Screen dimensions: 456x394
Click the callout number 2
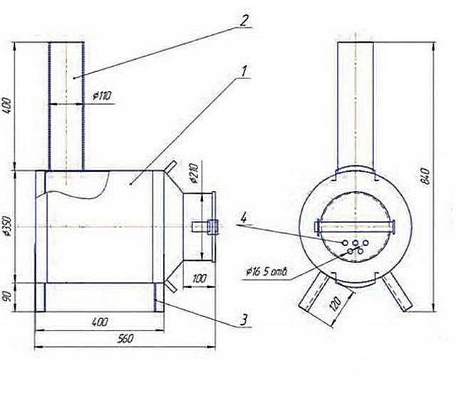(244, 21)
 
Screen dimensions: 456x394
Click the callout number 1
(244, 71)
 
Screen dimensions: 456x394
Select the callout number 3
(244, 320)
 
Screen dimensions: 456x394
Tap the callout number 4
(244, 218)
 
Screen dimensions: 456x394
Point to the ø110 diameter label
(102, 95)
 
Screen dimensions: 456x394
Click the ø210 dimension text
(194, 174)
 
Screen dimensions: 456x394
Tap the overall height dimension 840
(425, 176)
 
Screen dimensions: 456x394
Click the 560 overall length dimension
(125, 338)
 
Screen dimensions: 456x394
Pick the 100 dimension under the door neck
(199, 279)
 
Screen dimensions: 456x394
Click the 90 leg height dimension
(7, 296)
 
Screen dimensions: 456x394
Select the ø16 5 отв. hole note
(266, 272)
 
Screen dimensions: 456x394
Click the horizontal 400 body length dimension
(100, 321)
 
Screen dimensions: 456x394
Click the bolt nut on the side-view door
(212, 227)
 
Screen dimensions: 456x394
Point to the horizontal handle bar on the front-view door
(355, 227)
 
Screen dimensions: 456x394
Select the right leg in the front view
(397, 292)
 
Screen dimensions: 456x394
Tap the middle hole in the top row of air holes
(356, 243)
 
